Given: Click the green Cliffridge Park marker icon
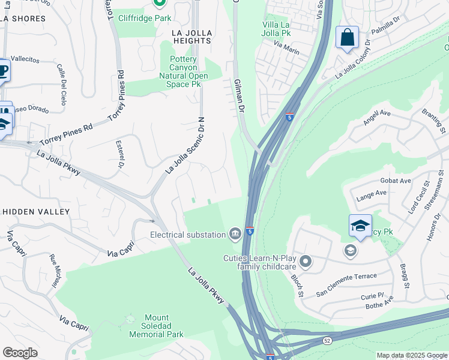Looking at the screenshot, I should pyautogui.click(x=159, y=3).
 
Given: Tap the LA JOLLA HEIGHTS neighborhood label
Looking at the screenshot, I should pyautogui.click(x=191, y=35).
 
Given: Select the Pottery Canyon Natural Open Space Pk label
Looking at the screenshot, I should pyautogui.click(x=183, y=71).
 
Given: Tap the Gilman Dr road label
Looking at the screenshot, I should pyautogui.click(x=239, y=96).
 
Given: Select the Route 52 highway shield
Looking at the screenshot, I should pyautogui.click(x=327, y=340).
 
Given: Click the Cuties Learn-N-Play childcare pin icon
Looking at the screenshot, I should pyautogui.click(x=306, y=262).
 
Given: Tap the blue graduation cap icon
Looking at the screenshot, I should pyautogui.click(x=360, y=225).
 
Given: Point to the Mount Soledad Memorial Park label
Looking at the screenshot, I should pyautogui.click(x=157, y=326).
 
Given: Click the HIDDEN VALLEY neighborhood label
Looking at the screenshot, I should pyautogui.click(x=36, y=212).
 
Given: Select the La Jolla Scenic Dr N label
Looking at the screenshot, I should pyautogui.click(x=186, y=146).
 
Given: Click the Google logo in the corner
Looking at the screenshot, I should pyautogui.click(x=20, y=353).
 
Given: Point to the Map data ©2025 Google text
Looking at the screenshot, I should pyautogui.click(x=411, y=355).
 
